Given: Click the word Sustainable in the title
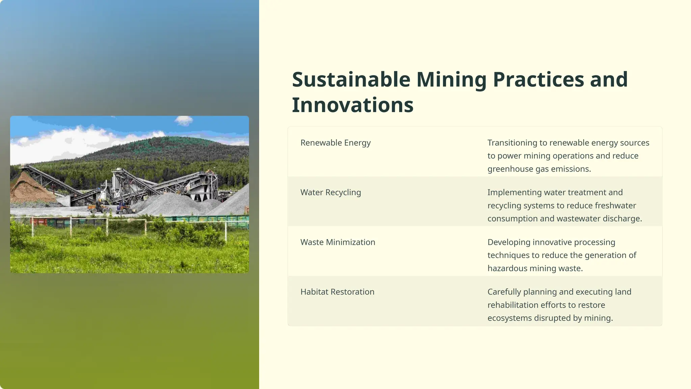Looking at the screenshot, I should point(351,80).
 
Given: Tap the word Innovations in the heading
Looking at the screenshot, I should point(353,105).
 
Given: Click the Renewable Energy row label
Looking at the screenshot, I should point(335,143).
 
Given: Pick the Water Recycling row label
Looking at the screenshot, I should point(331,192).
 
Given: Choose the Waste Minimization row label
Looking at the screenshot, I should point(338,242).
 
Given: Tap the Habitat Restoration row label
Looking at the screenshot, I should point(337,292).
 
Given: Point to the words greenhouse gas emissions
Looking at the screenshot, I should point(539,169).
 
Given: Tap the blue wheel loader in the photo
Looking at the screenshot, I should point(123,208).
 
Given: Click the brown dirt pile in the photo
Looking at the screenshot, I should point(27,189).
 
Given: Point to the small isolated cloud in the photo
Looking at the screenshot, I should point(184,120).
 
